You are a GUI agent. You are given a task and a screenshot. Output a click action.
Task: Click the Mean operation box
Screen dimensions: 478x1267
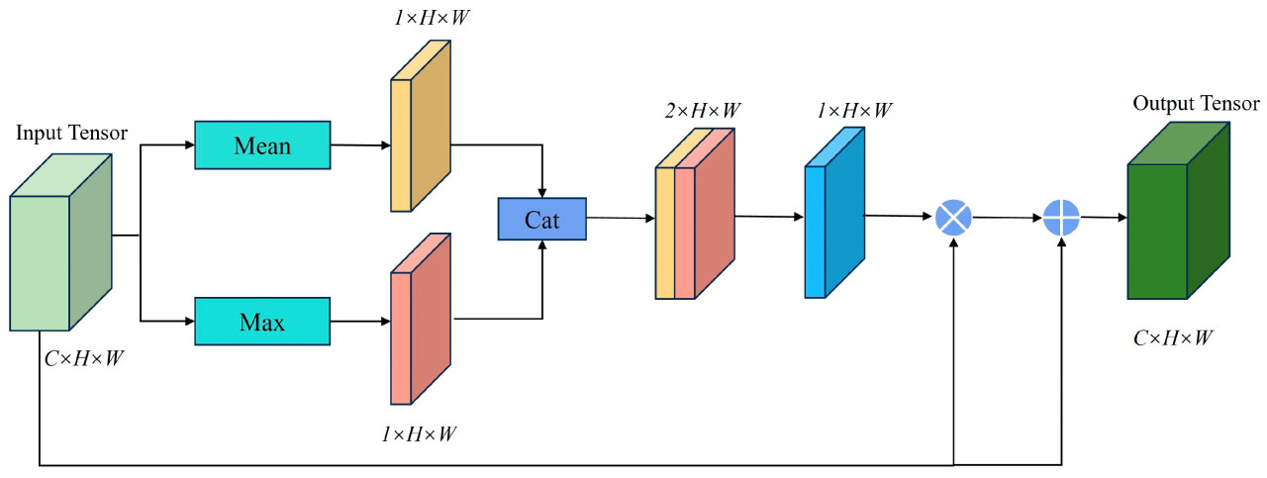coord(262,145)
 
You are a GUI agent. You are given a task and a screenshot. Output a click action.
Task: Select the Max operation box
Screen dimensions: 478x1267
coord(262,322)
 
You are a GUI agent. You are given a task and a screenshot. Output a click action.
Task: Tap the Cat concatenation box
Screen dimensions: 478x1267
coord(541,219)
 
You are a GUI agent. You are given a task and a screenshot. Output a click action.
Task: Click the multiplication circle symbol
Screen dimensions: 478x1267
coord(953,215)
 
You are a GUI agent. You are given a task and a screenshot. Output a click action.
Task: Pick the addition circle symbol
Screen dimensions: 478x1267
coord(1061,216)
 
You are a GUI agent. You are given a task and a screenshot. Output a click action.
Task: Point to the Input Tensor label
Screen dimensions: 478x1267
coord(71,133)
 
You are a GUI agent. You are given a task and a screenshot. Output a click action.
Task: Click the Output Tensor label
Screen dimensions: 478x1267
coord(1196,104)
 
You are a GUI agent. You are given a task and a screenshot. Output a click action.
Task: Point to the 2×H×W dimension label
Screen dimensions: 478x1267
coord(703,110)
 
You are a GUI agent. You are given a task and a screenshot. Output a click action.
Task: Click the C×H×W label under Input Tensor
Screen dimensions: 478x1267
coord(84,358)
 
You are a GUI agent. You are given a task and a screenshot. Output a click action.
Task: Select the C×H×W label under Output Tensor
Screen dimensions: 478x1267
coord(1173,337)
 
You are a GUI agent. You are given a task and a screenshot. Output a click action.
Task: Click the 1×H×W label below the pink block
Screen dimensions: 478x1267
coord(421,433)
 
